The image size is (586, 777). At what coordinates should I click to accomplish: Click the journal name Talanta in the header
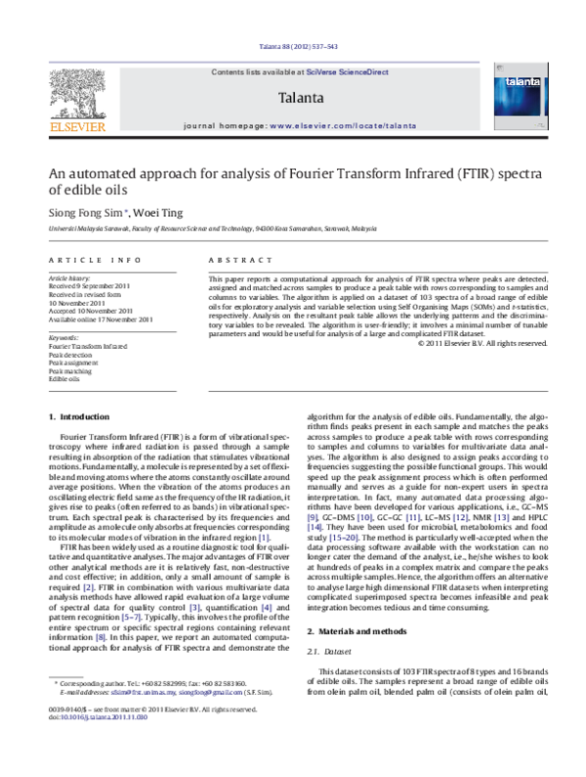(x=300, y=99)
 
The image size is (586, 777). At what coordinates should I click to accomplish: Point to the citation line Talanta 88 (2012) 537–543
(x=292, y=48)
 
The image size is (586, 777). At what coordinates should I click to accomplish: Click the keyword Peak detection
(x=69, y=354)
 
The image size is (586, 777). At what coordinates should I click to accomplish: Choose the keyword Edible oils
(x=64, y=379)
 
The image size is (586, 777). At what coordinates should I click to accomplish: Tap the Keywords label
(x=63, y=337)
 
